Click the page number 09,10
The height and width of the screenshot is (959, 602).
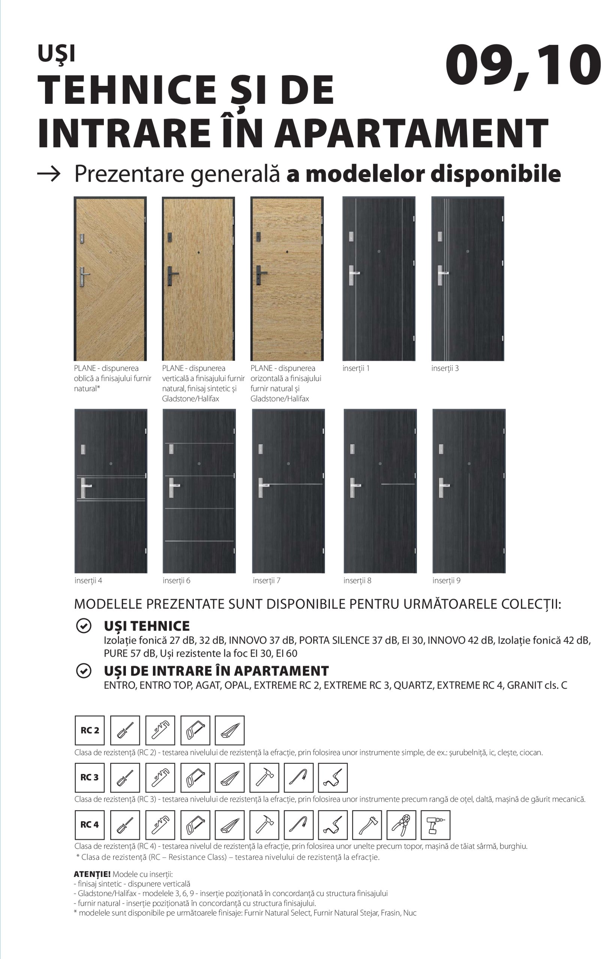coord(523,66)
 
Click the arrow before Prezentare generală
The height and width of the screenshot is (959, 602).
coord(49,173)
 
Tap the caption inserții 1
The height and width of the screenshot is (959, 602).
coord(356,369)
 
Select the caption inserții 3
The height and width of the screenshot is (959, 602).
coord(445,369)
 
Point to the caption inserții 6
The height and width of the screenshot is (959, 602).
coord(177,581)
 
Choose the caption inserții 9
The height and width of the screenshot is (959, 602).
coord(446,581)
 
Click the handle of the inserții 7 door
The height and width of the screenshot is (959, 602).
coord(262,487)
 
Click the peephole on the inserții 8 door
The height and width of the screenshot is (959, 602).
coord(380,464)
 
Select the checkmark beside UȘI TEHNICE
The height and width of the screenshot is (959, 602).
coord(84,626)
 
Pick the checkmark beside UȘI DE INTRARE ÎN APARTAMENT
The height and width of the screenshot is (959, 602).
coord(84,671)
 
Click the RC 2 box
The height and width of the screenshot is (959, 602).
coord(90,730)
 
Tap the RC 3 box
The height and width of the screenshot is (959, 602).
coord(90,777)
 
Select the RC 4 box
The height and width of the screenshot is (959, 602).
coord(90,825)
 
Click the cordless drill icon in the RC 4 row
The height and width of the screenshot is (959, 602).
coord(435,825)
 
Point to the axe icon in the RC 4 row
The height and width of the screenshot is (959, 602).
coord(366,825)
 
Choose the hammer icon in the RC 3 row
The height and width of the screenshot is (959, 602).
coord(264,777)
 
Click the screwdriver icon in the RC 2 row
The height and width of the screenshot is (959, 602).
coord(125,730)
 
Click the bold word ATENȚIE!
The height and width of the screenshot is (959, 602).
coord(92,874)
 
